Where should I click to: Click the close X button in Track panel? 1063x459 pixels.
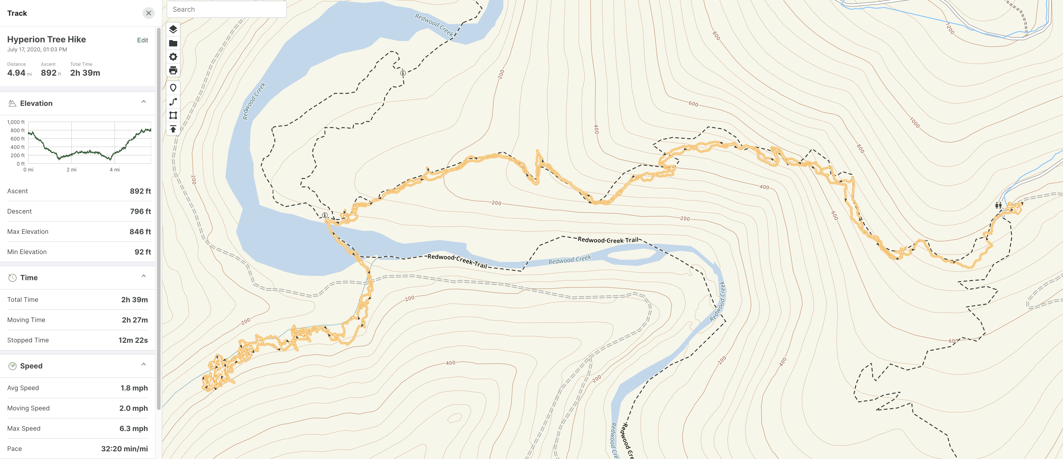coord(148,13)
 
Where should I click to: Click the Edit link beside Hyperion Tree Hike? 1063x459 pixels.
coord(142,40)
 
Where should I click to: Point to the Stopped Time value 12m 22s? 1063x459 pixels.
coord(133,340)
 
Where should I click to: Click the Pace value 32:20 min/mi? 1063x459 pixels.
coord(124,449)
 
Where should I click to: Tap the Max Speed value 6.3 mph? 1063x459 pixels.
coord(133,428)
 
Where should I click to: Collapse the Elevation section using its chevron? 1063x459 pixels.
coord(144,102)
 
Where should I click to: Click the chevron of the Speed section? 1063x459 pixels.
coord(144,364)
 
